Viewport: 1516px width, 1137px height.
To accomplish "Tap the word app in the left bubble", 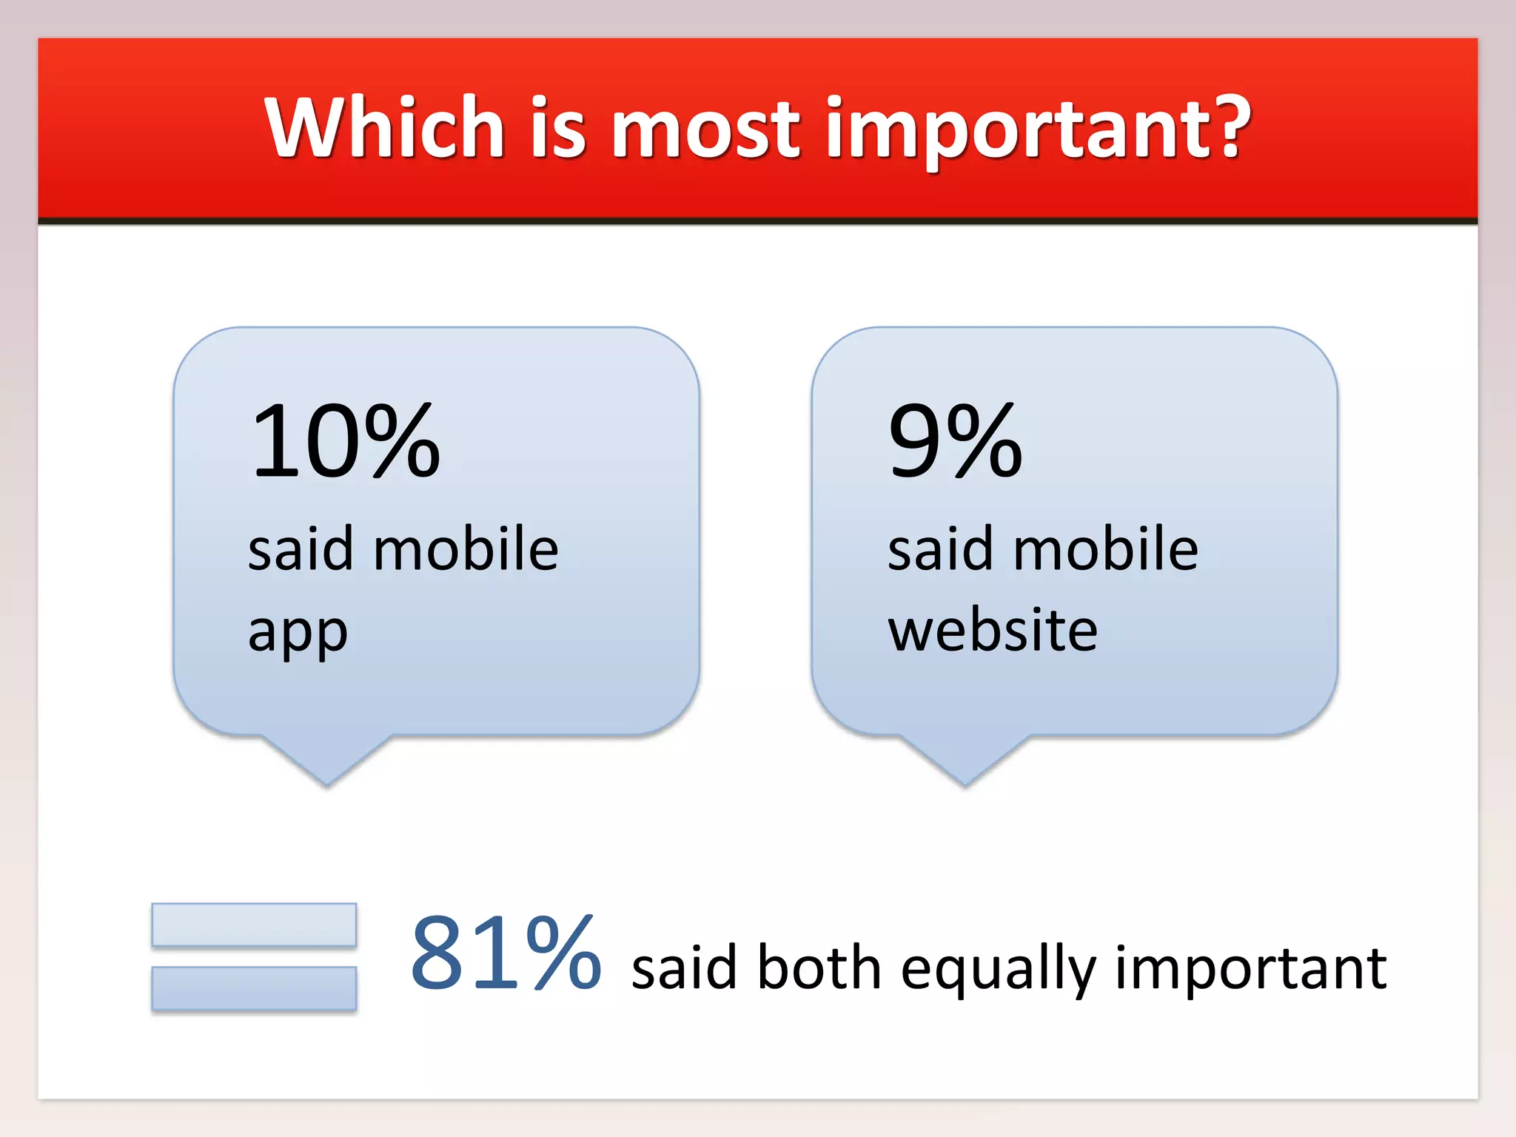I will coord(298,634).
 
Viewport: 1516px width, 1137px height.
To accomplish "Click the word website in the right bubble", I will coord(992,631).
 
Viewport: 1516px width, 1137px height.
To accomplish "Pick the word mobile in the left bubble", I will coord(466,549).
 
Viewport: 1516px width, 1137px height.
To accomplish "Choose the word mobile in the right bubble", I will coord(1105,549).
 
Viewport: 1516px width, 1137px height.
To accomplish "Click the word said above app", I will coord(301,549).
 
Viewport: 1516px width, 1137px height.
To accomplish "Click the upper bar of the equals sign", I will coord(254,925).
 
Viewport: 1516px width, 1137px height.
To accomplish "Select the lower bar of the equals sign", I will coord(254,988).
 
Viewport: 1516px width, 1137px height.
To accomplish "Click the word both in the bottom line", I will coord(819,968).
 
